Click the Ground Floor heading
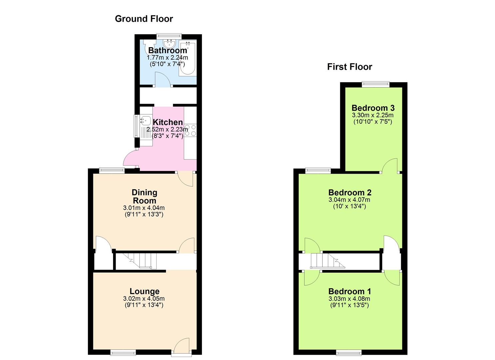[x=144, y=19]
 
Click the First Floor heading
[x=349, y=67]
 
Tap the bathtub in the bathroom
[x=188, y=58]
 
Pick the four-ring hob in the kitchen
[x=190, y=130]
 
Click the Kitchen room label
[x=168, y=122]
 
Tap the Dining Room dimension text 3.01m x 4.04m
[x=144, y=208]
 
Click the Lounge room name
[x=145, y=291]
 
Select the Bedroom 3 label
[x=373, y=108]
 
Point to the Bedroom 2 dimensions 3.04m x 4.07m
[x=349, y=200]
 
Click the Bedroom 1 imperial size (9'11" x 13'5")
[x=349, y=305]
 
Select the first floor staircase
[x=328, y=261]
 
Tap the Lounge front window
[x=123, y=353]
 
